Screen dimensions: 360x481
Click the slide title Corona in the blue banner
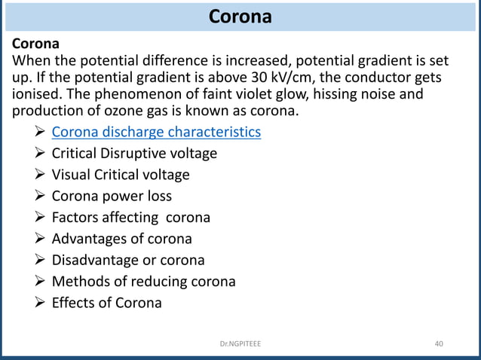coord(240,16)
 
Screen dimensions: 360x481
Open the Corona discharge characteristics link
coord(156,133)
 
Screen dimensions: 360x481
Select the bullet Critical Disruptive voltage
coord(134,154)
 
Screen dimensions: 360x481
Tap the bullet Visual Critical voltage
coord(121,175)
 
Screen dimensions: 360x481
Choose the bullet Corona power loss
coord(112,196)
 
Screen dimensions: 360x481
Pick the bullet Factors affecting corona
coord(130,218)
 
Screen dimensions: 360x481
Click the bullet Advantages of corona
coord(121,239)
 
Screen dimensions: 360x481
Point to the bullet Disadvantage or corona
coord(128,261)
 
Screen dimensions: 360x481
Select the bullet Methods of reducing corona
coord(143,282)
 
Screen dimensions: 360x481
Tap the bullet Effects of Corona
coord(106,303)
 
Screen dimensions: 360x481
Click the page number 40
coord(439,344)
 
